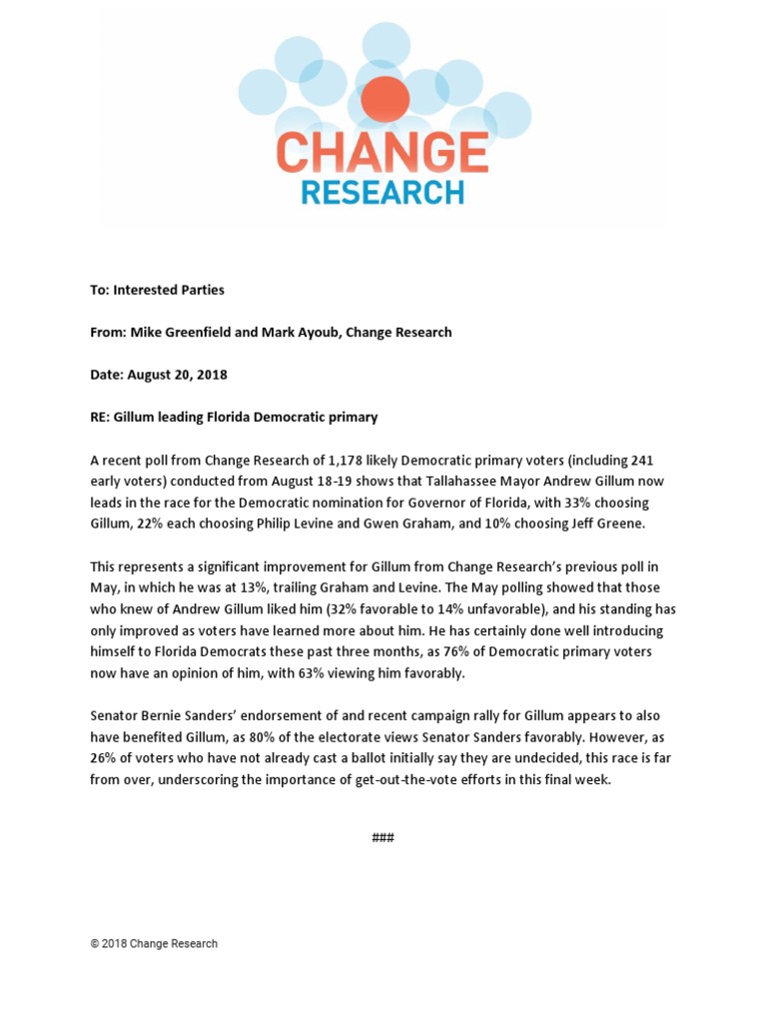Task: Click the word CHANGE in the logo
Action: tap(382, 153)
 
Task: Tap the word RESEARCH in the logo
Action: tap(382, 192)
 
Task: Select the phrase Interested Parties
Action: tap(169, 290)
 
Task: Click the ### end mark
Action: tap(383, 837)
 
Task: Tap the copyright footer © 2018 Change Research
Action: tap(154, 943)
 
